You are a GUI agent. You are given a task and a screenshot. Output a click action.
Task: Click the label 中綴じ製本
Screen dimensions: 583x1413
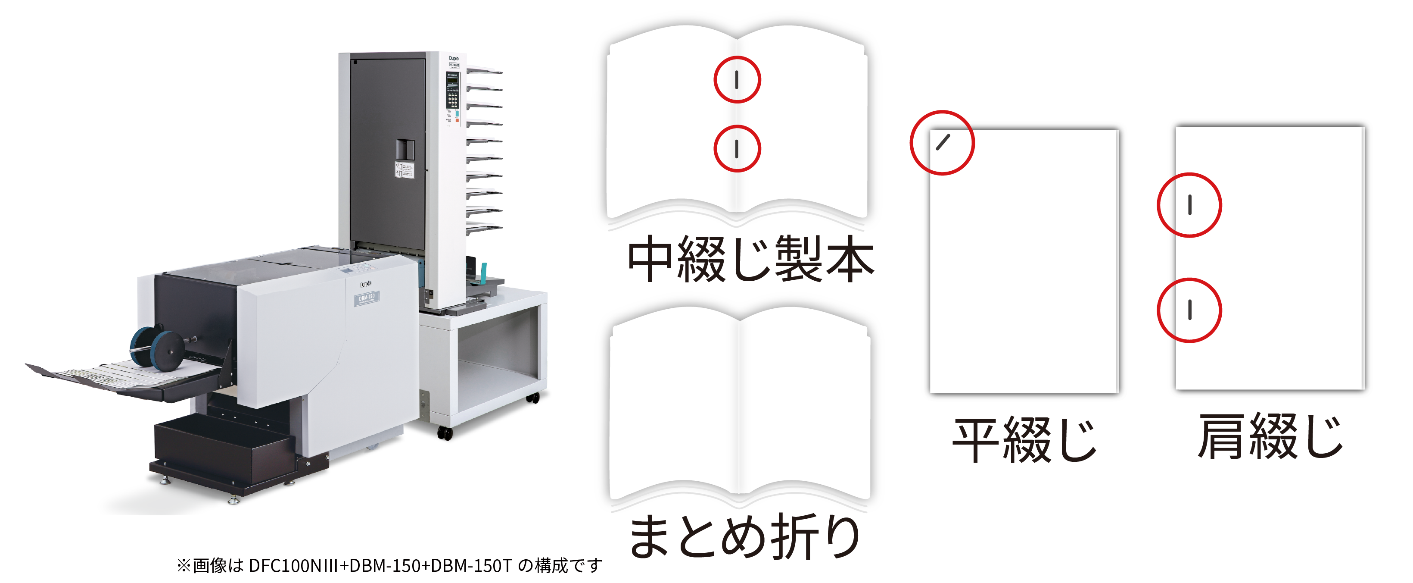[750, 259]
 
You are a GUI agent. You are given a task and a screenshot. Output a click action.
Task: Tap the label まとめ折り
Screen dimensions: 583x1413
[745, 537]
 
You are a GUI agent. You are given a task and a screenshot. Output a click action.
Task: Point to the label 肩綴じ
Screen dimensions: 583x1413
[1270, 437]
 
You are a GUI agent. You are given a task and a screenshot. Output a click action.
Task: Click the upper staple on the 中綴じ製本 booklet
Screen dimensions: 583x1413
[737, 80]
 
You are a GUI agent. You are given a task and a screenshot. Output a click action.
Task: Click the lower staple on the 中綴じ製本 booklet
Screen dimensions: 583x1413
[737, 149]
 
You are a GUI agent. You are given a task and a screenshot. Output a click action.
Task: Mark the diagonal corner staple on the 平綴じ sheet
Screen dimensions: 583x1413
[943, 143]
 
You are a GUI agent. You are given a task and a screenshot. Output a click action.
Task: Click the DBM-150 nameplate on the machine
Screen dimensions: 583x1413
[367, 298]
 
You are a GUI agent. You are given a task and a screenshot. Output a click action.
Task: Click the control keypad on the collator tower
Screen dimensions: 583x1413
[452, 99]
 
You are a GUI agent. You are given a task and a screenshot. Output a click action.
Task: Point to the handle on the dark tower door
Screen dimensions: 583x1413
[405, 149]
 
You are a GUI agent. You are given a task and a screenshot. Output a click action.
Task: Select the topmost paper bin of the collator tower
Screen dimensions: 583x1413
[484, 71]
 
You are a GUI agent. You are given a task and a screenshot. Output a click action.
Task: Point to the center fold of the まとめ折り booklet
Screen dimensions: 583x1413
[738, 406]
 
